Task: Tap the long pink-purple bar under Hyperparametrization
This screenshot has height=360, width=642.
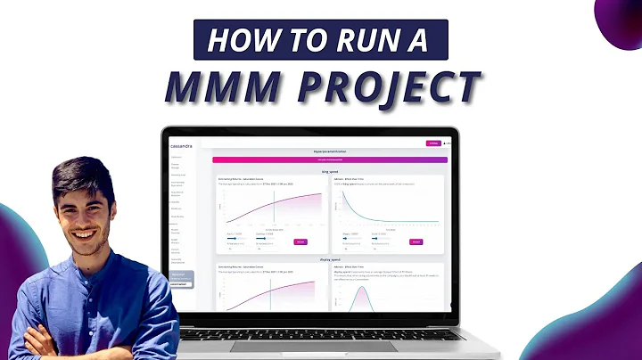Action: [x=329, y=160]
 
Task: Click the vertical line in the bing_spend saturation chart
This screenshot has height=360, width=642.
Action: [x=273, y=209]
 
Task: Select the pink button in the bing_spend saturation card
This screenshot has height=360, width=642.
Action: [x=300, y=241]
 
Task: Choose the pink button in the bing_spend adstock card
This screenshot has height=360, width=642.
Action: [x=416, y=241]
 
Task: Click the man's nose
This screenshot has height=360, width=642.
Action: [x=78, y=207]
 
